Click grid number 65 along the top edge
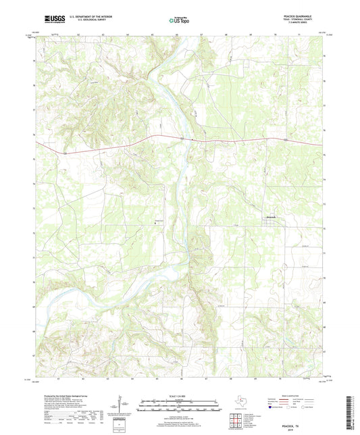click(x=153, y=32)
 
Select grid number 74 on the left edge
click(x=32, y=184)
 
